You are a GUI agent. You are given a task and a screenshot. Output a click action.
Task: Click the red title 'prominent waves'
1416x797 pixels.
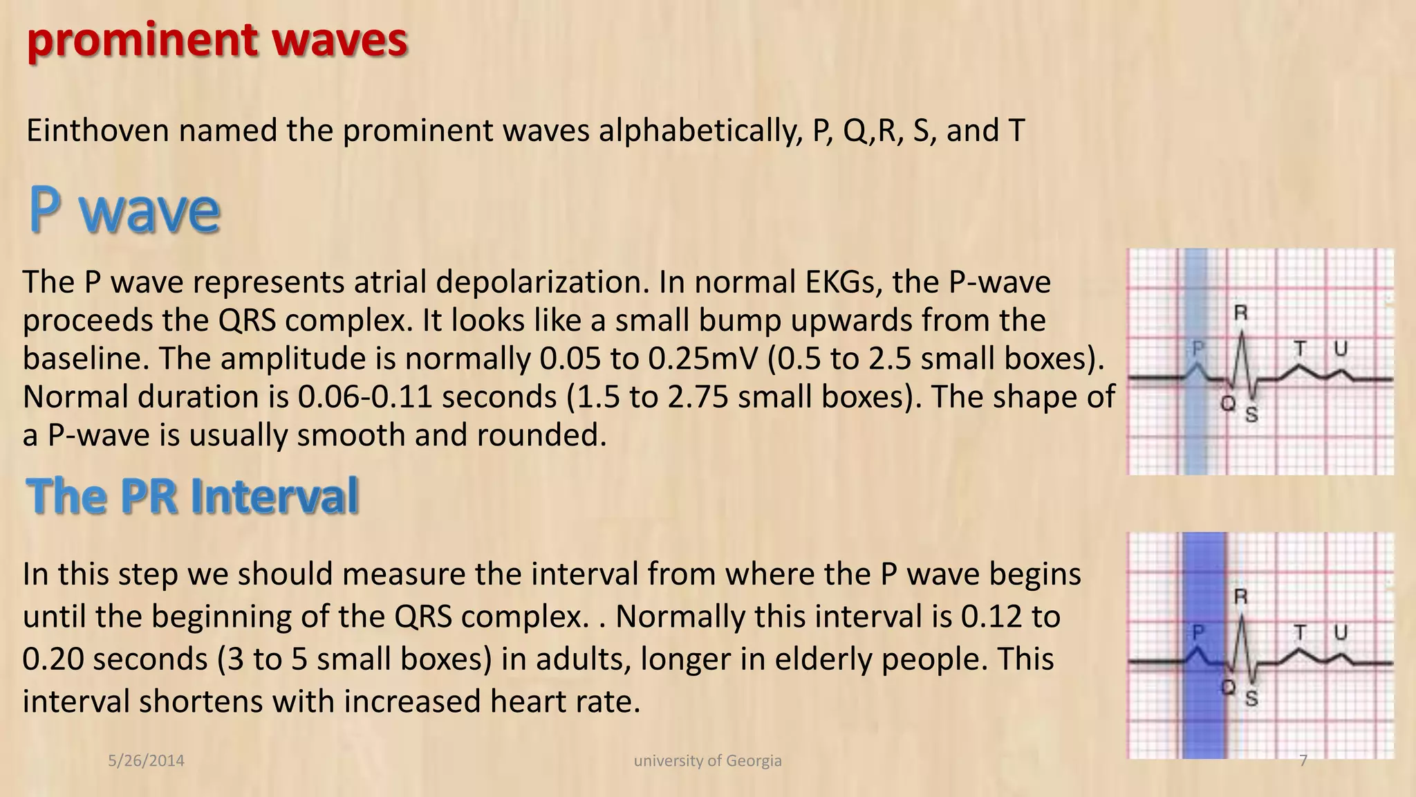(x=217, y=40)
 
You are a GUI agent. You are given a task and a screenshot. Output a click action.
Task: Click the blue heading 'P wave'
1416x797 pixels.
(x=124, y=210)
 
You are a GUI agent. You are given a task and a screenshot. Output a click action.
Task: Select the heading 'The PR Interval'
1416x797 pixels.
(x=192, y=496)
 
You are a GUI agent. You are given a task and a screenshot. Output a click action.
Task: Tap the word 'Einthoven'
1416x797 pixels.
(x=97, y=130)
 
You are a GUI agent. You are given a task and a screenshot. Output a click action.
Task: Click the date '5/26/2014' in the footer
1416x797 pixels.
(x=147, y=761)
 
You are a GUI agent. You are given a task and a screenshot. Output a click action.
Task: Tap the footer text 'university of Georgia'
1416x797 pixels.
(x=707, y=761)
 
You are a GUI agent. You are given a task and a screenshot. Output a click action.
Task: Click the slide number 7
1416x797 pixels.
(x=1303, y=761)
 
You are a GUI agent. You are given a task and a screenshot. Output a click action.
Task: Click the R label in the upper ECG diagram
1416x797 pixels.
(x=1241, y=313)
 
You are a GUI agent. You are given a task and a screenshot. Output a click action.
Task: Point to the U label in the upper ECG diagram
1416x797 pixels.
(x=1341, y=349)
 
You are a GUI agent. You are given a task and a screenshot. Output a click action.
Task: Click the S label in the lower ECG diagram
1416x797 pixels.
(x=1251, y=698)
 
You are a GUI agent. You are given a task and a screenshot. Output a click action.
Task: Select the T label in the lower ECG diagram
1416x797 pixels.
(x=1301, y=632)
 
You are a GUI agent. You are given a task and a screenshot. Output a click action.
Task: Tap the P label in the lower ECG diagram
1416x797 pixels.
(x=1198, y=632)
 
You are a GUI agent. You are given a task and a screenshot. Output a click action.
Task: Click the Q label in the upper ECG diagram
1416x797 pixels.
(x=1227, y=403)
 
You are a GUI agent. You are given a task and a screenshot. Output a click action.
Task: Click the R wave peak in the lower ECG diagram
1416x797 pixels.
(x=1242, y=615)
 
